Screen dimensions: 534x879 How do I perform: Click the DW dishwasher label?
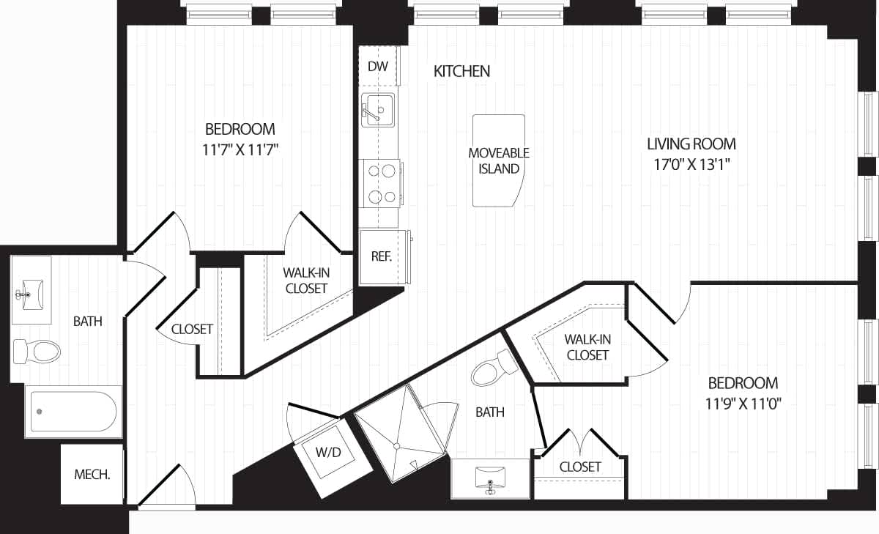tap(377, 67)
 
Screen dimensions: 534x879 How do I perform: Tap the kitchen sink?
tap(377, 110)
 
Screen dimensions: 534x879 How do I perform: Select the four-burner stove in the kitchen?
tap(381, 183)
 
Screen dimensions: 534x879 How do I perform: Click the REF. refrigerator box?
tap(382, 257)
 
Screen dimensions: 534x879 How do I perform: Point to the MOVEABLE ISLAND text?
tap(499, 160)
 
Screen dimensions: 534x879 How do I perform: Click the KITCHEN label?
tap(461, 71)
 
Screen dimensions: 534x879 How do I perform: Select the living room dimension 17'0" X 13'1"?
tap(691, 164)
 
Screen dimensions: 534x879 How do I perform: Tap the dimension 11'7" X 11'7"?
tap(240, 150)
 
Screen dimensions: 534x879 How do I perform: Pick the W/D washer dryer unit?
tap(328, 452)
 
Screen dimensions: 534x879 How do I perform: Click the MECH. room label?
tap(92, 474)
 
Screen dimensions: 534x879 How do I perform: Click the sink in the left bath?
tap(30, 292)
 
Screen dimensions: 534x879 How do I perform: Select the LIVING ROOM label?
tap(691, 144)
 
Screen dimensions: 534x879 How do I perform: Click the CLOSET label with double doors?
tap(580, 467)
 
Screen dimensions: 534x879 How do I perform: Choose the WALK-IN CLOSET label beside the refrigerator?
tap(306, 280)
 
